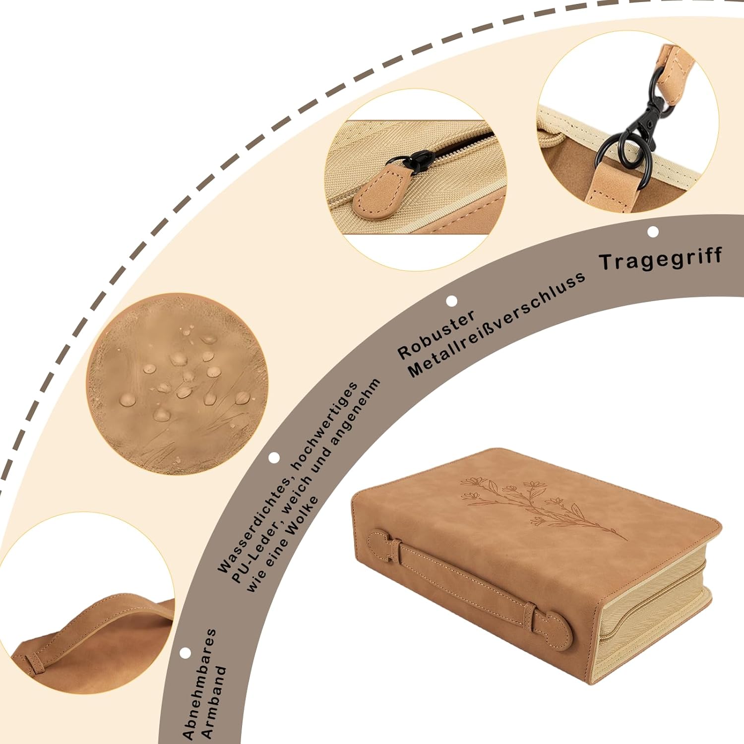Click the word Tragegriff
[661, 258]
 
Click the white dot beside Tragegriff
[653, 232]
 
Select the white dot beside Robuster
[451, 301]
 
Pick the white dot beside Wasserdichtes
[274, 457]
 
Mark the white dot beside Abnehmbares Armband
[186, 653]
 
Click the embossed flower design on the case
[536, 506]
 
